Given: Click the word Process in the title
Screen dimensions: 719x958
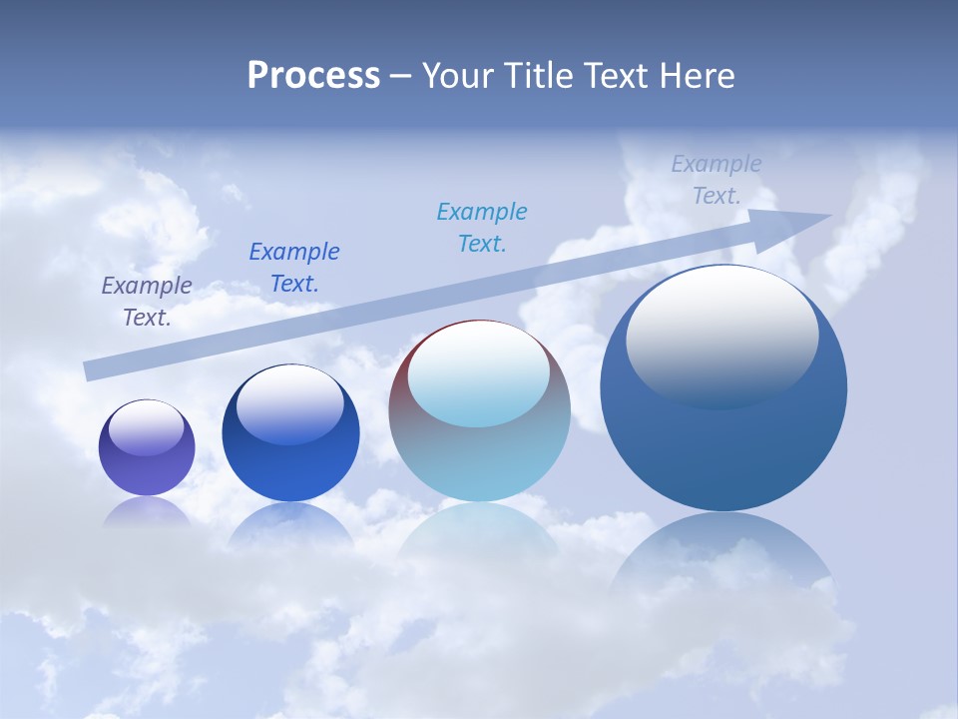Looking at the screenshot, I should [313, 76].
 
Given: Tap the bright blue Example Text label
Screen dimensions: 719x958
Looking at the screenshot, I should [294, 268].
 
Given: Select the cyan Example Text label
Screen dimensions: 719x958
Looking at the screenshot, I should [482, 228].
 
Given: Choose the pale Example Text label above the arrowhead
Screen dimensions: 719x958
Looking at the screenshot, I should [717, 180].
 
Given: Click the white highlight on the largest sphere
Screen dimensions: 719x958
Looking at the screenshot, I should [721, 335].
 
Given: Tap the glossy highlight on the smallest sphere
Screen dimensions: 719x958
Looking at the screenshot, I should [147, 426].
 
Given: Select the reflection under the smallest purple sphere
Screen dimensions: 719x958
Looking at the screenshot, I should [147, 511].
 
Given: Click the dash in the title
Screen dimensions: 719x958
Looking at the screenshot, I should [400, 76].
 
